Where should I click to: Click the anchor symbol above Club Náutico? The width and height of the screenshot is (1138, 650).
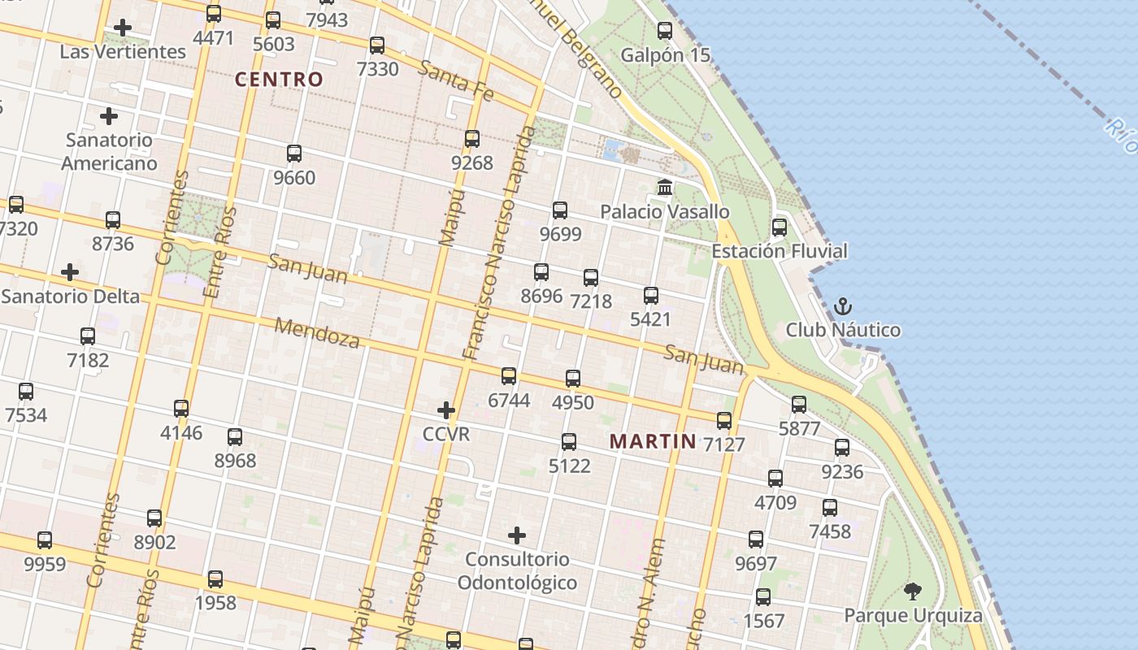click(843, 307)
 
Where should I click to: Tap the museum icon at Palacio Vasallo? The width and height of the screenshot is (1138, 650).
click(665, 188)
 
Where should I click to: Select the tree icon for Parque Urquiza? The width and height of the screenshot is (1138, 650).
click(913, 591)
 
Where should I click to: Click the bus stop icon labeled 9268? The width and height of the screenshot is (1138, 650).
click(472, 139)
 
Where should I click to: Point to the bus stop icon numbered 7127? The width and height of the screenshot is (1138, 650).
click(724, 421)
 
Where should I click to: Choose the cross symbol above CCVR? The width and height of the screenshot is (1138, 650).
click(446, 410)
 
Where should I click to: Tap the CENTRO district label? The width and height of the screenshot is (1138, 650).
click(279, 80)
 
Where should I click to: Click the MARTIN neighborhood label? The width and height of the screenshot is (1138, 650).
click(653, 441)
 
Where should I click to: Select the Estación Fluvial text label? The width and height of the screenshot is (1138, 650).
click(779, 251)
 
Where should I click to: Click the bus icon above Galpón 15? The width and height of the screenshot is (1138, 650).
click(665, 31)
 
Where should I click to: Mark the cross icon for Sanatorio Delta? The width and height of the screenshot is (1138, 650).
click(70, 272)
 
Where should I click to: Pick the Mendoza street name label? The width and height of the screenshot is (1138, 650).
click(317, 332)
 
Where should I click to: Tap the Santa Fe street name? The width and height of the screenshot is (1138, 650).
click(456, 81)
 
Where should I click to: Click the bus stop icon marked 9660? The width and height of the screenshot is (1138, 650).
click(294, 154)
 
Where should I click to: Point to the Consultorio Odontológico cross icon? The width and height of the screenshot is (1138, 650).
click(517, 535)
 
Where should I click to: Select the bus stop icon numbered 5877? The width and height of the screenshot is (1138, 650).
click(799, 405)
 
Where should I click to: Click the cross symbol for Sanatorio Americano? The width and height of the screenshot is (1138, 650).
click(109, 116)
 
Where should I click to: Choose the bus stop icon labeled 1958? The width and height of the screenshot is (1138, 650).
click(215, 579)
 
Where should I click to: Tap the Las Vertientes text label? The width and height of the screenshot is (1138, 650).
click(123, 52)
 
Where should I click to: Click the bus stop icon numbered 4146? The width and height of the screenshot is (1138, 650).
click(181, 409)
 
